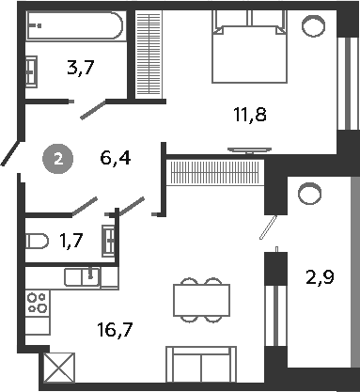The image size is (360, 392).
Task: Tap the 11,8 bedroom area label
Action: [248, 116]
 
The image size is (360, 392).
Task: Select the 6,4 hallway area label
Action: [114, 158]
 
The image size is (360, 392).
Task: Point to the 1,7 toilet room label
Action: [70, 242]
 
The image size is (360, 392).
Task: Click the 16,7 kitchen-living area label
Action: [113, 328]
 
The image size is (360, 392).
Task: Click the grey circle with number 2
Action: [60, 158]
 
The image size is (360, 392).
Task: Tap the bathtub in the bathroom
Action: [74, 27]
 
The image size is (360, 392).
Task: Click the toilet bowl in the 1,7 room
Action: [36, 242]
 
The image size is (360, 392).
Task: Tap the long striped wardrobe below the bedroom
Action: [215, 174]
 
